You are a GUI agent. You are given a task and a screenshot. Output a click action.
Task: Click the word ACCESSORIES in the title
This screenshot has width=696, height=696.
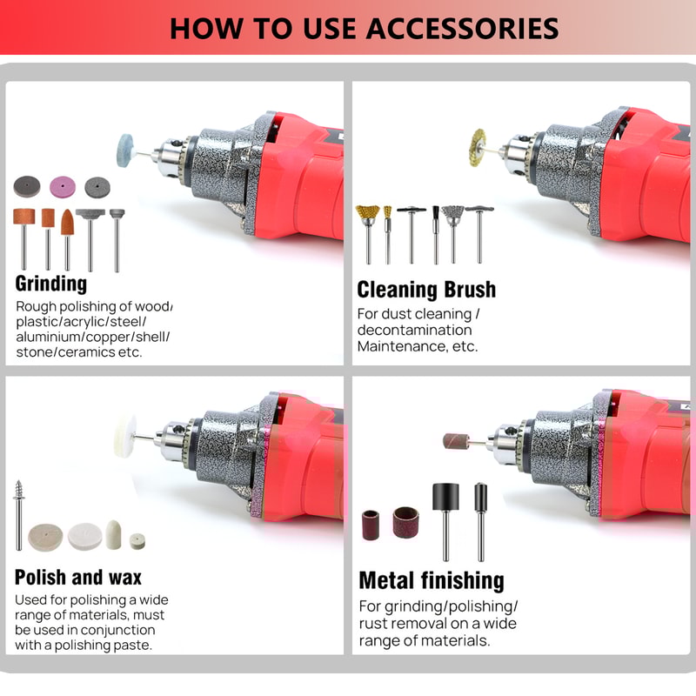pyautogui.click(x=462, y=28)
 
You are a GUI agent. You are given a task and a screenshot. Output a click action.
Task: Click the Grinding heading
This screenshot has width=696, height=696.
pyautogui.click(x=51, y=284)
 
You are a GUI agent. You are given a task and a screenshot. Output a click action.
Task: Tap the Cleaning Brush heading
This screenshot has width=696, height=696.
pyautogui.click(x=426, y=290)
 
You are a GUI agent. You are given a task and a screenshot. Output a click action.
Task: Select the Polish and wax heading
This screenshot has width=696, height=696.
pyautogui.click(x=78, y=577)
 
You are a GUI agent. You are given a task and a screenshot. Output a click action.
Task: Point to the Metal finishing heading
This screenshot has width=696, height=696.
pyautogui.click(x=432, y=580)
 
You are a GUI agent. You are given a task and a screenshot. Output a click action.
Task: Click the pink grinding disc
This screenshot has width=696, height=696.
pyautogui.click(x=63, y=187)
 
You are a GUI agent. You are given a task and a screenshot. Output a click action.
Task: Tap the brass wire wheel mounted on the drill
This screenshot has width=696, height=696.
pyautogui.click(x=478, y=142)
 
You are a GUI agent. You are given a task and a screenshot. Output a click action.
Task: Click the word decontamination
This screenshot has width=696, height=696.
pyautogui.click(x=415, y=330)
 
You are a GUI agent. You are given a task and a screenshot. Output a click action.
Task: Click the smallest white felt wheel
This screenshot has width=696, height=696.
pyautogui.click(x=137, y=541)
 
